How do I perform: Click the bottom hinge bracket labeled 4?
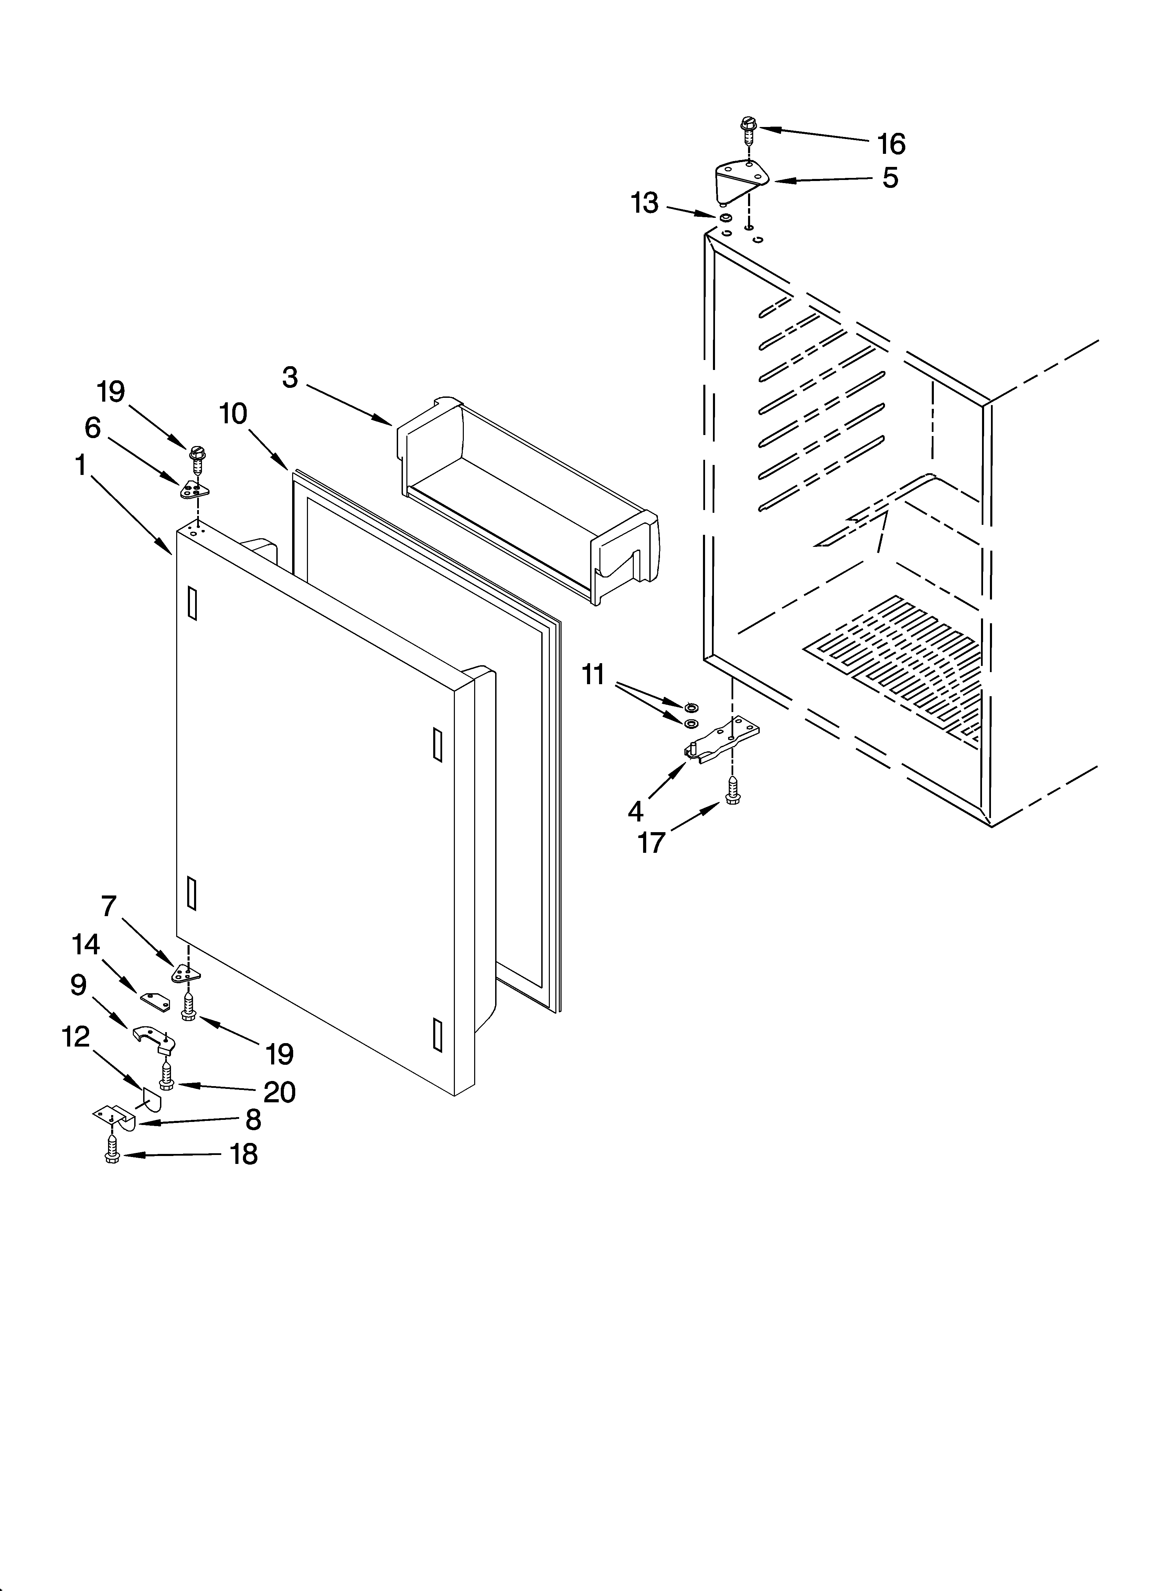click(x=723, y=740)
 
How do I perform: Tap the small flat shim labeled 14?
click(x=156, y=1001)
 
